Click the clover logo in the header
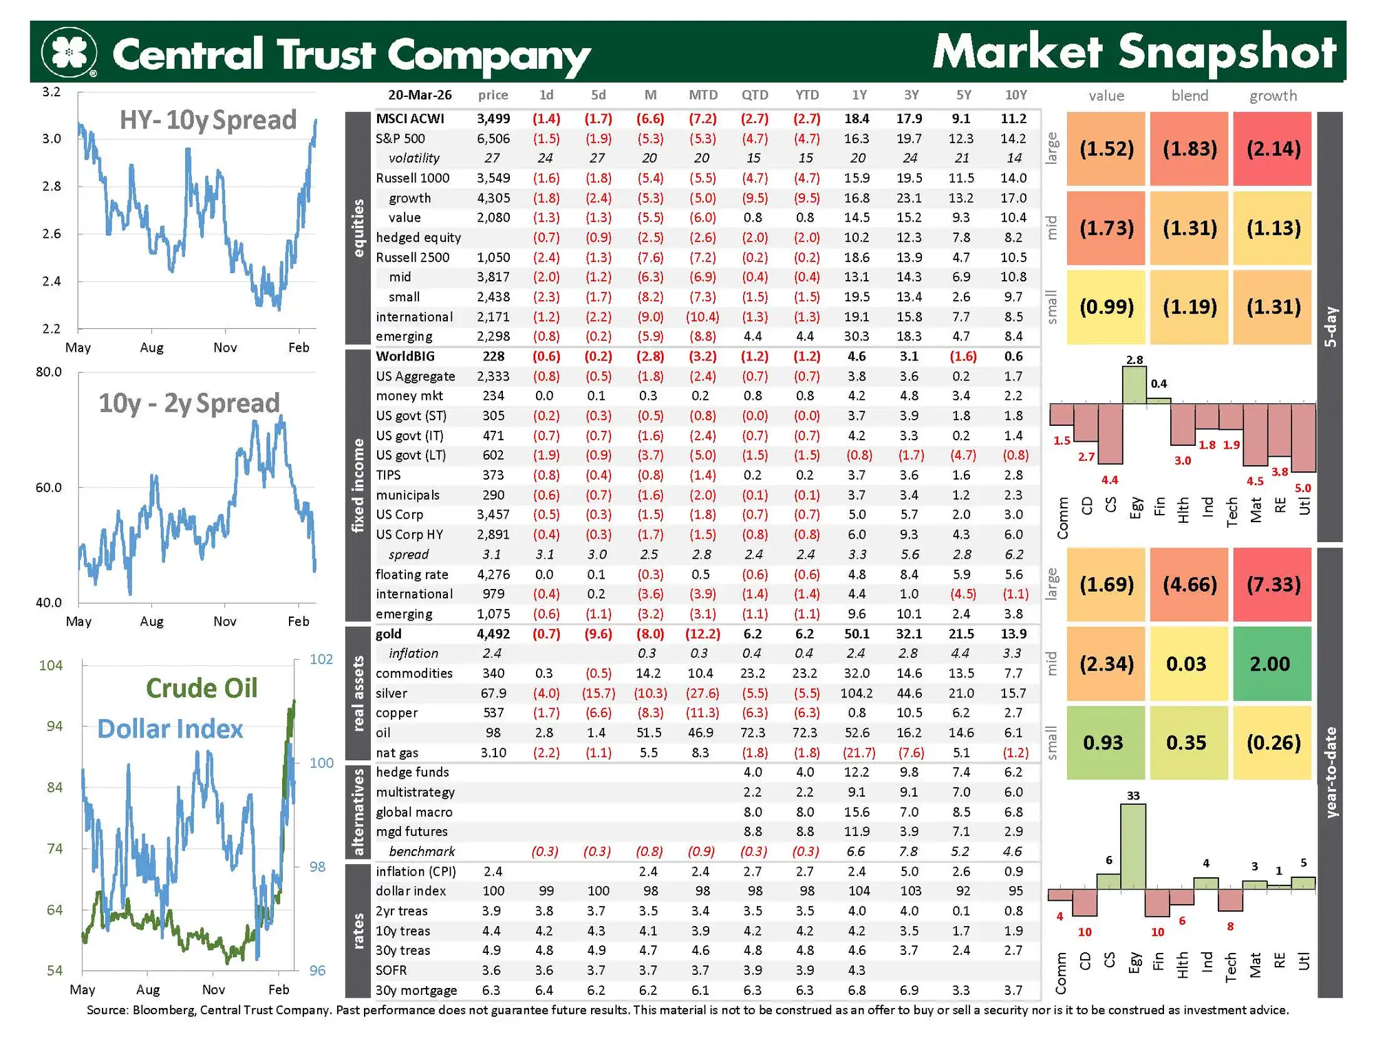(x=69, y=52)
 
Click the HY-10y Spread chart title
(x=208, y=120)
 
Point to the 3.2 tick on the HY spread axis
(x=52, y=92)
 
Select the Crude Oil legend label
(x=202, y=688)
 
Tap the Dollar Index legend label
(x=170, y=729)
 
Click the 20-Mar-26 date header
(x=420, y=95)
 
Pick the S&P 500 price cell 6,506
(x=493, y=138)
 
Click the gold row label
(x=389, y=634)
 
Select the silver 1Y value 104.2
(x=857, y=693)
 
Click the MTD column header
(x=702, y=95)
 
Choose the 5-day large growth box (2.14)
(x=1273, y=149)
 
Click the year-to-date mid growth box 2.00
(x=1270, y=664)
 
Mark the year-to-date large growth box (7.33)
(x=1273, y=585)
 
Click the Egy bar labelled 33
(x=1133, y=846)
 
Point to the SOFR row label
(x=391, y=970)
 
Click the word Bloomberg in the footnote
(x=162, y=1010)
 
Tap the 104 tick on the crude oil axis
(x=51, y=665)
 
